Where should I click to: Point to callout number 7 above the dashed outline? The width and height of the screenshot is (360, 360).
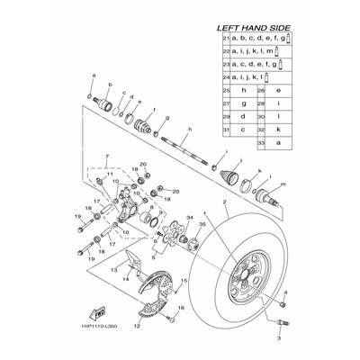coord(107,157)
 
